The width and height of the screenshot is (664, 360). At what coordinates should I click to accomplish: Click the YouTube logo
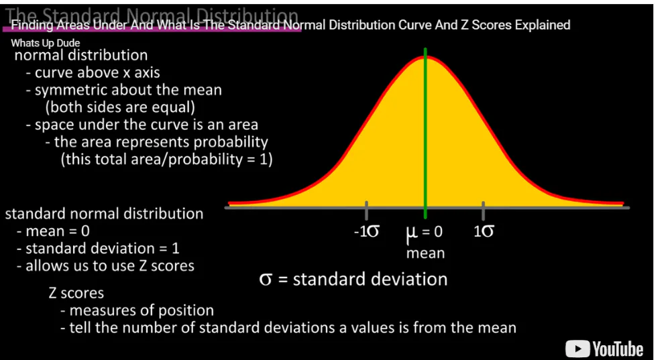point(604,349)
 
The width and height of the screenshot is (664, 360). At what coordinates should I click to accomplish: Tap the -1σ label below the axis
point(366,231)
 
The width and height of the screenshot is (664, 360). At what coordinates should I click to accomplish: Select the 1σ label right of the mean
point(484,231)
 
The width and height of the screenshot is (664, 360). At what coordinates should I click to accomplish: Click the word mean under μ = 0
point(425,253)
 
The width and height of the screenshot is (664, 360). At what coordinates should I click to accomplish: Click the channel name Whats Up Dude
point(46,44)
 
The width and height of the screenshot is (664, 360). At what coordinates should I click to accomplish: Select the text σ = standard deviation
point(353,279)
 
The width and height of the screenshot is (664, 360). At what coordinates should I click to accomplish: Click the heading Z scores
point(76,293)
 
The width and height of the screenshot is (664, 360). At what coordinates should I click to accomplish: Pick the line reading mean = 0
point(58,231)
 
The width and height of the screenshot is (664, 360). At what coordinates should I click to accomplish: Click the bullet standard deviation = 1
point(102,248)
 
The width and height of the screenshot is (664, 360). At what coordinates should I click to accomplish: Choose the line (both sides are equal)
point(119,107)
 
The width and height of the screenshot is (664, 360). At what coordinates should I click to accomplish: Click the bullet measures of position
point(142,310)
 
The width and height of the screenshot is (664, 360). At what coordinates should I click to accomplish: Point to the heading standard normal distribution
point(104,214)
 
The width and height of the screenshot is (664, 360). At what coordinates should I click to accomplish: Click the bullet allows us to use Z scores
point(109,265)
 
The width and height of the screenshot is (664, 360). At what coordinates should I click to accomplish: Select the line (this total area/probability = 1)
point(166,160)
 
